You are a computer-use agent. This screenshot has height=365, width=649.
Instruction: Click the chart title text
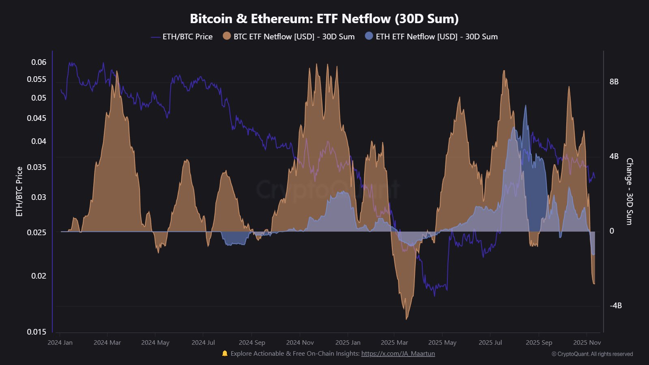tap(324, 19)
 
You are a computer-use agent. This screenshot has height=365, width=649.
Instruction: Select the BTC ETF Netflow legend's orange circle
tap(227, 36)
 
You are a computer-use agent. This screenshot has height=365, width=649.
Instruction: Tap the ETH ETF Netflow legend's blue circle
tap(369, 36)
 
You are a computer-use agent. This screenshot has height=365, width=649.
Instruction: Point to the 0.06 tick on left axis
tap(39, 62)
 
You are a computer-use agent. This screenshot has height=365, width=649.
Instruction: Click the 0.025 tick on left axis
tap(37, 232)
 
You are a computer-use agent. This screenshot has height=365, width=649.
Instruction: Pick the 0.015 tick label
tap(37, 332)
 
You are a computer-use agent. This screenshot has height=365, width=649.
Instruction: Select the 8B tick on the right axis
tap(614, 82)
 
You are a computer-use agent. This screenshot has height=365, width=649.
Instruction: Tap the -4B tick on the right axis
tap(615, 305)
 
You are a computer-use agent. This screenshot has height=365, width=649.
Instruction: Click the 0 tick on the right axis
tap(612, 231)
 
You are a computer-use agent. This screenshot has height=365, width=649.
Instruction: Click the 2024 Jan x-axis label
tap(60, 342)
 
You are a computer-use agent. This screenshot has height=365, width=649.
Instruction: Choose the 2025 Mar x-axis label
tap(394, 342)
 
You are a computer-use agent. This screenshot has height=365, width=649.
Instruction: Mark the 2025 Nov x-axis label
tap(587, 342)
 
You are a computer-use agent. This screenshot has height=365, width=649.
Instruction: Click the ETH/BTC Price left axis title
tap(19, 191)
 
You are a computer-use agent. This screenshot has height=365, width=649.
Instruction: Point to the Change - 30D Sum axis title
tap(630, 191)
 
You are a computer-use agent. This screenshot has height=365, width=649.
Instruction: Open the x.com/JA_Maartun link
tap(398, 354)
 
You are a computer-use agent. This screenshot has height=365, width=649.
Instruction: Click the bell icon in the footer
tap(225, 354)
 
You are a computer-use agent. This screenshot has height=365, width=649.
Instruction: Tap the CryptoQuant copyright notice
tap(592, 354)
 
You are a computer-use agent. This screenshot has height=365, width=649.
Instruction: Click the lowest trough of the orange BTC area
tap(406, 318)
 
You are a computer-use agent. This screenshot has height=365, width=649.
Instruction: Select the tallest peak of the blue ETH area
tap(526, 106)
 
